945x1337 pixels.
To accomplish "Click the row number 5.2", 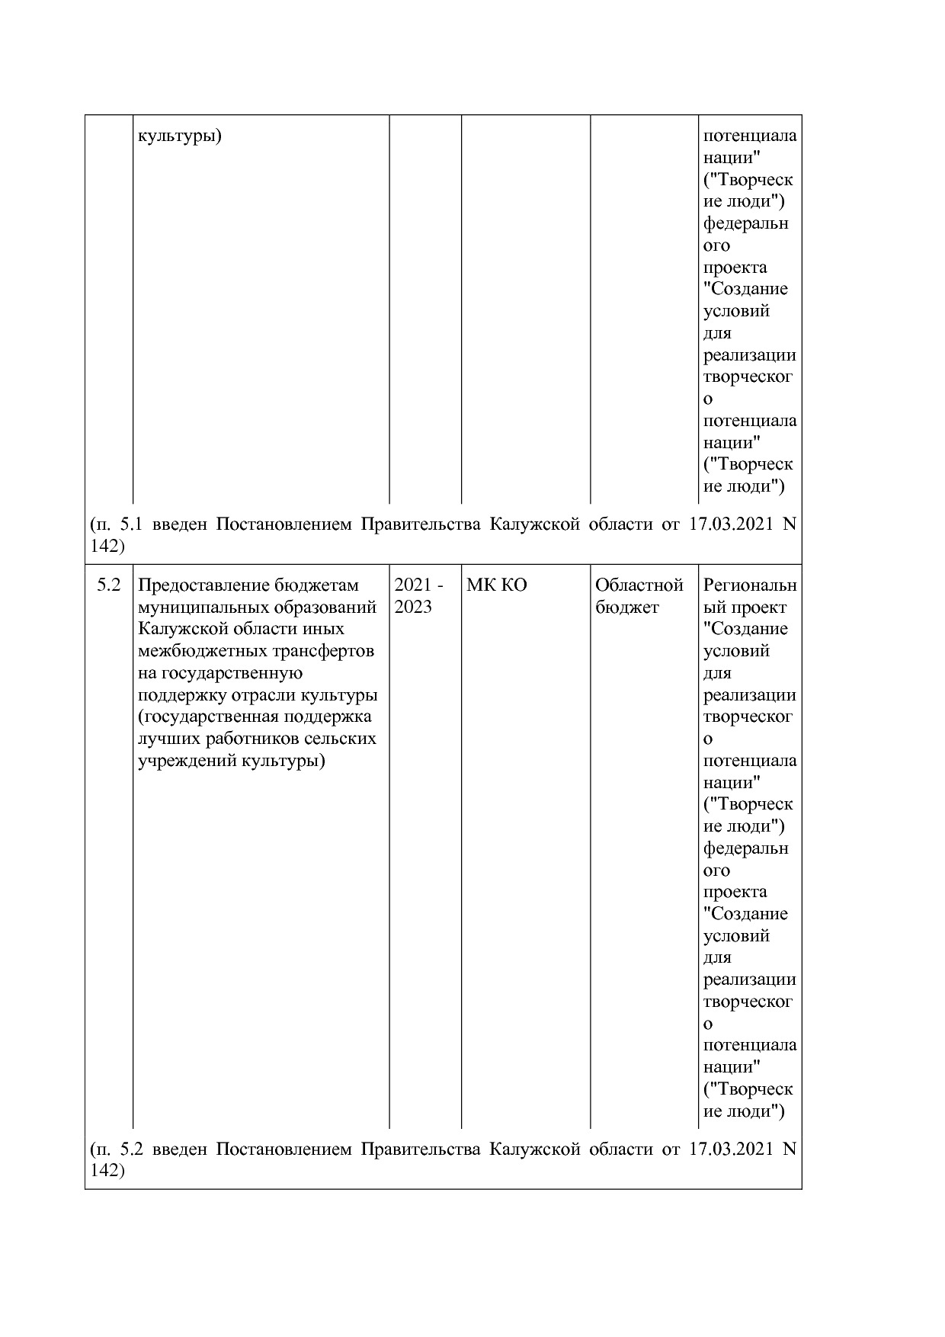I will coord(109,585).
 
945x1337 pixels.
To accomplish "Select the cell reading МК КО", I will coord(496,585).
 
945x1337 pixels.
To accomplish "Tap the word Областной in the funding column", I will coord(639,585).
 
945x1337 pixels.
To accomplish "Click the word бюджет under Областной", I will coord(626,608).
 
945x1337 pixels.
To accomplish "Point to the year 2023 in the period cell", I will coord(413,608).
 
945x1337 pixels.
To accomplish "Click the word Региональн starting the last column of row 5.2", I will coord(749,585).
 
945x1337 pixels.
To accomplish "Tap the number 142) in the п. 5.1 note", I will coord(107,547).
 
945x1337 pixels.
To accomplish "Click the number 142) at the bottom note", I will coord(107,1171).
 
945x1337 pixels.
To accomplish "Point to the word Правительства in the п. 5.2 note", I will coord(419,1149).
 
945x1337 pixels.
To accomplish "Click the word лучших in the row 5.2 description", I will coord(164,739).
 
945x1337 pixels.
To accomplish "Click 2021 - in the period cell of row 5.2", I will coord(418,585).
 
